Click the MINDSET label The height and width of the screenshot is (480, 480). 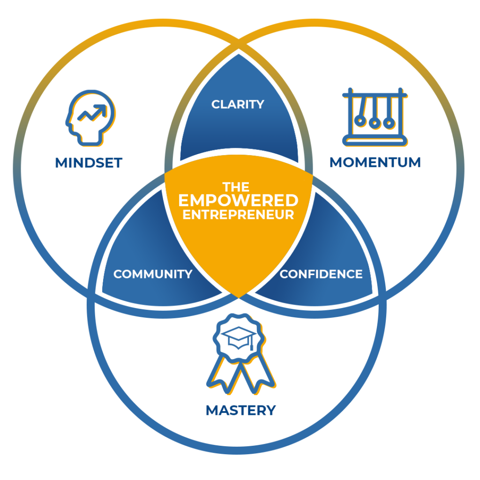coord(89,163)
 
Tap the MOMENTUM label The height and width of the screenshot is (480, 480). coord(375,162)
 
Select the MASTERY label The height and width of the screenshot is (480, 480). coord(240,410)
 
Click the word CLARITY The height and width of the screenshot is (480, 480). coord(238,105)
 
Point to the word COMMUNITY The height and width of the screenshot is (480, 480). coord(153,274)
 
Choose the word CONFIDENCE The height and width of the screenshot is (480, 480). coord(321,274)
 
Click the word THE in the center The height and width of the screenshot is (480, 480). coord(236,187)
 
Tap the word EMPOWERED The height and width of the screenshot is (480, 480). coord(238,201)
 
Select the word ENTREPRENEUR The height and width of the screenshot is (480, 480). coord(238,215)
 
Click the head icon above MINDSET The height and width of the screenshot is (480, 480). coord(90,118)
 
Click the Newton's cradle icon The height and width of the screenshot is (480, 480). coord(375,117)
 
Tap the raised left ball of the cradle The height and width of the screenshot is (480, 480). coord(360,121)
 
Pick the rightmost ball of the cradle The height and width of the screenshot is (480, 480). coord(389,123)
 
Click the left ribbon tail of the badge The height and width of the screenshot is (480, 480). coord(222,375)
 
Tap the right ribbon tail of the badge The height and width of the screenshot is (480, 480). coord(257,375)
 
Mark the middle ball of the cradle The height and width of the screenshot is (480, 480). coord(375,123)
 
